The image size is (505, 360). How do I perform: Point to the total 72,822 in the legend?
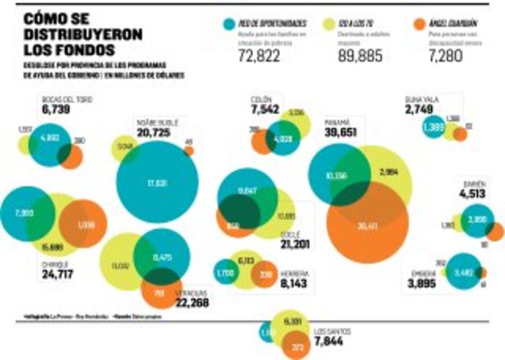pyautogui.click(x=260, y=55)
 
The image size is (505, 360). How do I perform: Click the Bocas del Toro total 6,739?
pyautogui.click(x=55, y=110)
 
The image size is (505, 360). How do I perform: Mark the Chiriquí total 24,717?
pyautogui.click(x=57, y=274)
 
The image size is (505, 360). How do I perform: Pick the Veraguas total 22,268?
pyautogui.click(x=191, y=303)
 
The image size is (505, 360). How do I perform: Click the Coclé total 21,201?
pyautogui.click(x=296, y=245)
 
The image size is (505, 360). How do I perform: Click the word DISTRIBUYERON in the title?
pyautogui.click(x=83, y=35)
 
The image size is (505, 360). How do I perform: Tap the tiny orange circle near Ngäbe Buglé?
pyautogui.click(x=189, y=150)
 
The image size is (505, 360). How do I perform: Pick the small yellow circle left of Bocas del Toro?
pyautogui.click(x=24, y=144)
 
